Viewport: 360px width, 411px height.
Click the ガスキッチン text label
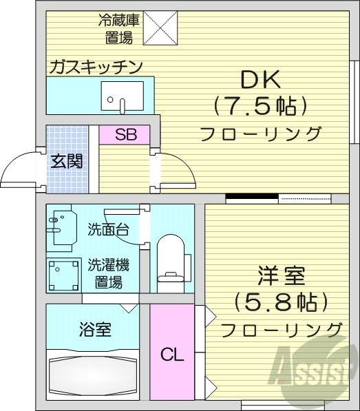coord(95,67)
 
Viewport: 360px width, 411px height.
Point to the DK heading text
coord(260,81)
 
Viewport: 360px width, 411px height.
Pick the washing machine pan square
coord(64,274)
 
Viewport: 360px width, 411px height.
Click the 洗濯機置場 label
coord(109,273)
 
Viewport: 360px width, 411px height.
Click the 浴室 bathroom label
coord(95,328)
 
